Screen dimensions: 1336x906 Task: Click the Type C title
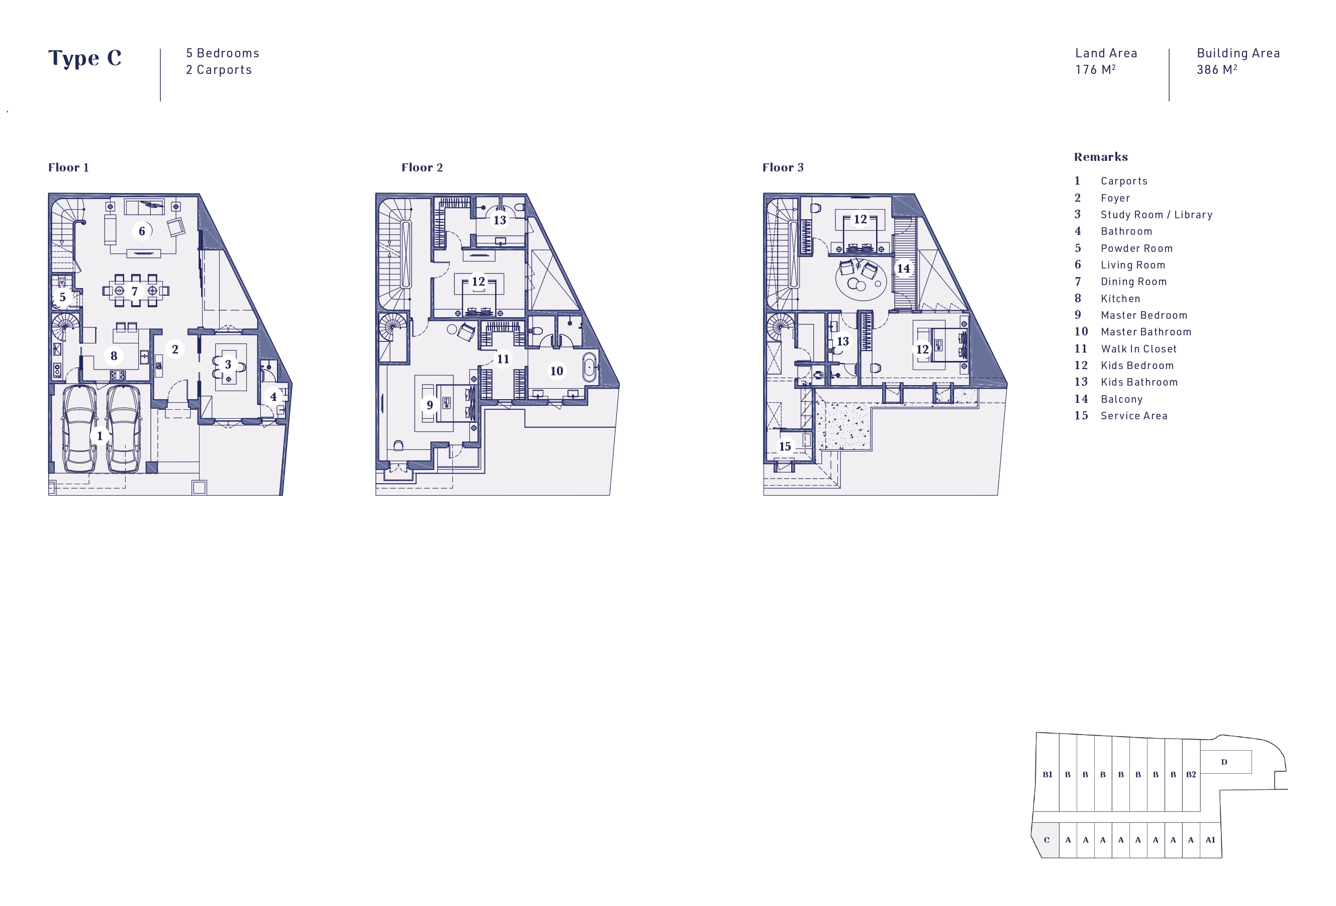click(x=84, y=58)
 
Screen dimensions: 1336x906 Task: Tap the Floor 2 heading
click(x=422, y=167)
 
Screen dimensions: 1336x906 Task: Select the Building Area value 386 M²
click(x=1216, y=69)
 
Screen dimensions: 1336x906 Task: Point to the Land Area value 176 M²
click(x=1095, y=69)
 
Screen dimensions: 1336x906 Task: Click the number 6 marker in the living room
click(x=142, y=231)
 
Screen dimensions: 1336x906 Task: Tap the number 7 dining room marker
click(x=135, y=292)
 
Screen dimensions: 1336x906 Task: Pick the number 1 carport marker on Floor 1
click(x=100, y=436)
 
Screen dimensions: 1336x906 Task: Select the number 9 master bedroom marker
click(x=429, y=405)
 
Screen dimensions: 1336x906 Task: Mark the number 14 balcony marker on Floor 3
click(x=903, y=268)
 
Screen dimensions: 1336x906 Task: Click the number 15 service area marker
click(x=785, y=446)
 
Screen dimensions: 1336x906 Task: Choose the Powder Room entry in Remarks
click(x=1136, y=248)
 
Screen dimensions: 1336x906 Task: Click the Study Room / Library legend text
click(x=1156, y=214)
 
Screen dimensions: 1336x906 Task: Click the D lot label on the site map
click(x=1224, y=762)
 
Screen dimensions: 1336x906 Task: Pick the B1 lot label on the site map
click(x=1047, y=774)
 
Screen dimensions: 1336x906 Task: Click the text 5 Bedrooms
click(x=223, y=53)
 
